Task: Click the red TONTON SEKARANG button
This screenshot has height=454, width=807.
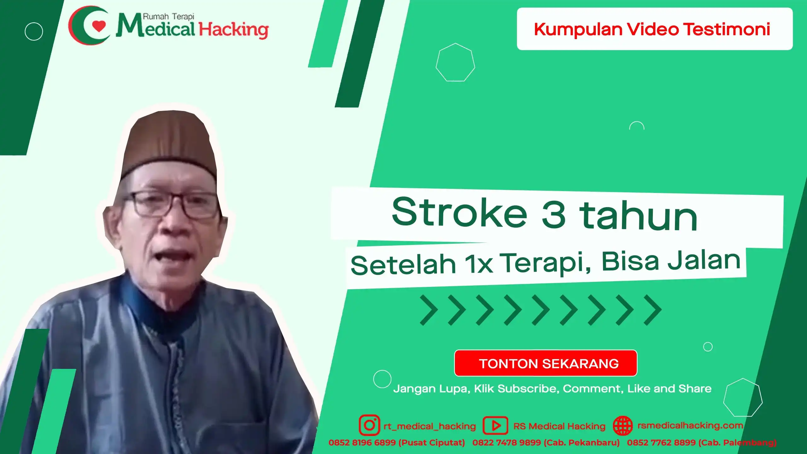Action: point(545,363)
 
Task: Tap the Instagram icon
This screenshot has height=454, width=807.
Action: point(369,425)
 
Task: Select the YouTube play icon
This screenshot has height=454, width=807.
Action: point(495,426)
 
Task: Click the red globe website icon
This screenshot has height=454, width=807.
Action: point(623,426)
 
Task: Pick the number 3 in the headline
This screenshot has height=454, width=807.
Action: point(554,214)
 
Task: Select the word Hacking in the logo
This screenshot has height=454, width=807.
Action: point(234,30)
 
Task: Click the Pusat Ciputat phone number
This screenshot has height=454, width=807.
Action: point(397,443)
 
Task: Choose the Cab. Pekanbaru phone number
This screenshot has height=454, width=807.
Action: point(546,443)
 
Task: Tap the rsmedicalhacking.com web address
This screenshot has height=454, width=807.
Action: point(690,425)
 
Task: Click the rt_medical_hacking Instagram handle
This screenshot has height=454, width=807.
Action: point(430,426)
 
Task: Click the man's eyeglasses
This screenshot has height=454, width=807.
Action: point(172,205)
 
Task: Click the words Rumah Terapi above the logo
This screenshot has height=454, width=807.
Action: point(169,16)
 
